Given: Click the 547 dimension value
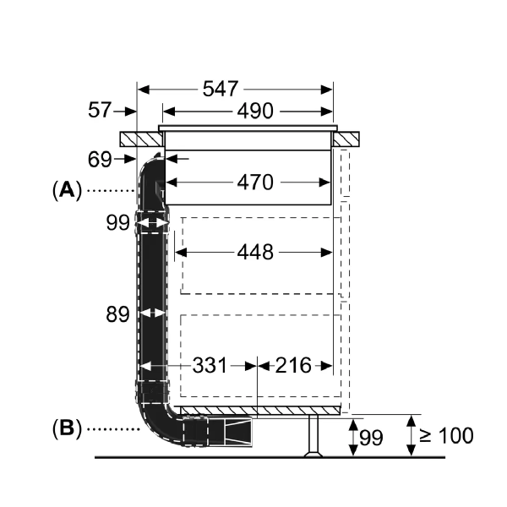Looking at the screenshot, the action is [221, 89].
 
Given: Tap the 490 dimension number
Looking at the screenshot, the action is [255, 112].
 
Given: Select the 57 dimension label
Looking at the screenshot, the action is [100, 110].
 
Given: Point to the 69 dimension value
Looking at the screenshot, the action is [100, 159].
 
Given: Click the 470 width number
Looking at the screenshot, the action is [255, 182].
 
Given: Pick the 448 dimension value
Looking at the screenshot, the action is [255, 252].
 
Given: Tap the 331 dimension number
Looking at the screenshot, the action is [210, 366].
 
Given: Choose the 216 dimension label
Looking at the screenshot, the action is [293, 365].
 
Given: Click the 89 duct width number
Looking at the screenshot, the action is [117, 314].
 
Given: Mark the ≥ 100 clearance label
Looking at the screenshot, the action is [446, 435].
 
